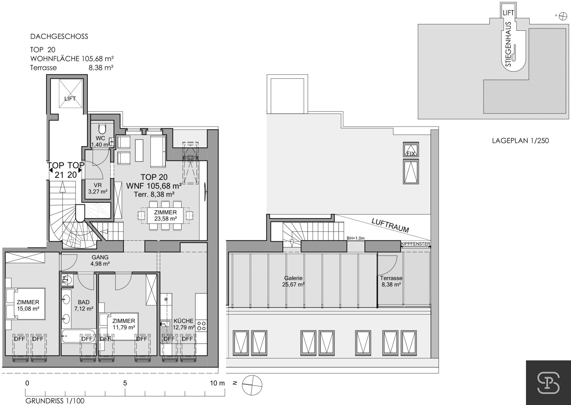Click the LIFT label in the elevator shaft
click(70, 99)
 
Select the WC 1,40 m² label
click(100, 141)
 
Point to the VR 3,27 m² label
click(98, 188)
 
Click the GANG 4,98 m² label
click(100, 261)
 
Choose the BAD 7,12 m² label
click(84, 305)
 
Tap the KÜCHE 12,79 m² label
click(184, 324)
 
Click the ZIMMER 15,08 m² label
click(28, 305)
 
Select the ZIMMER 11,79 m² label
click(124, 324)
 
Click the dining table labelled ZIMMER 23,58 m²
click(165, 215)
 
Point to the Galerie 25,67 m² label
click(293, 282)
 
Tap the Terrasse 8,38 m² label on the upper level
click(391, 282)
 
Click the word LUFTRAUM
click(390, 225)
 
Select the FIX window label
click(411, 153)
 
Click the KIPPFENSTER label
click(416, 244)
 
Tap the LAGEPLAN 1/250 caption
click(520, 140)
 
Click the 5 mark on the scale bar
click(125, 383)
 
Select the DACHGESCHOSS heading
click(59, 36)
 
